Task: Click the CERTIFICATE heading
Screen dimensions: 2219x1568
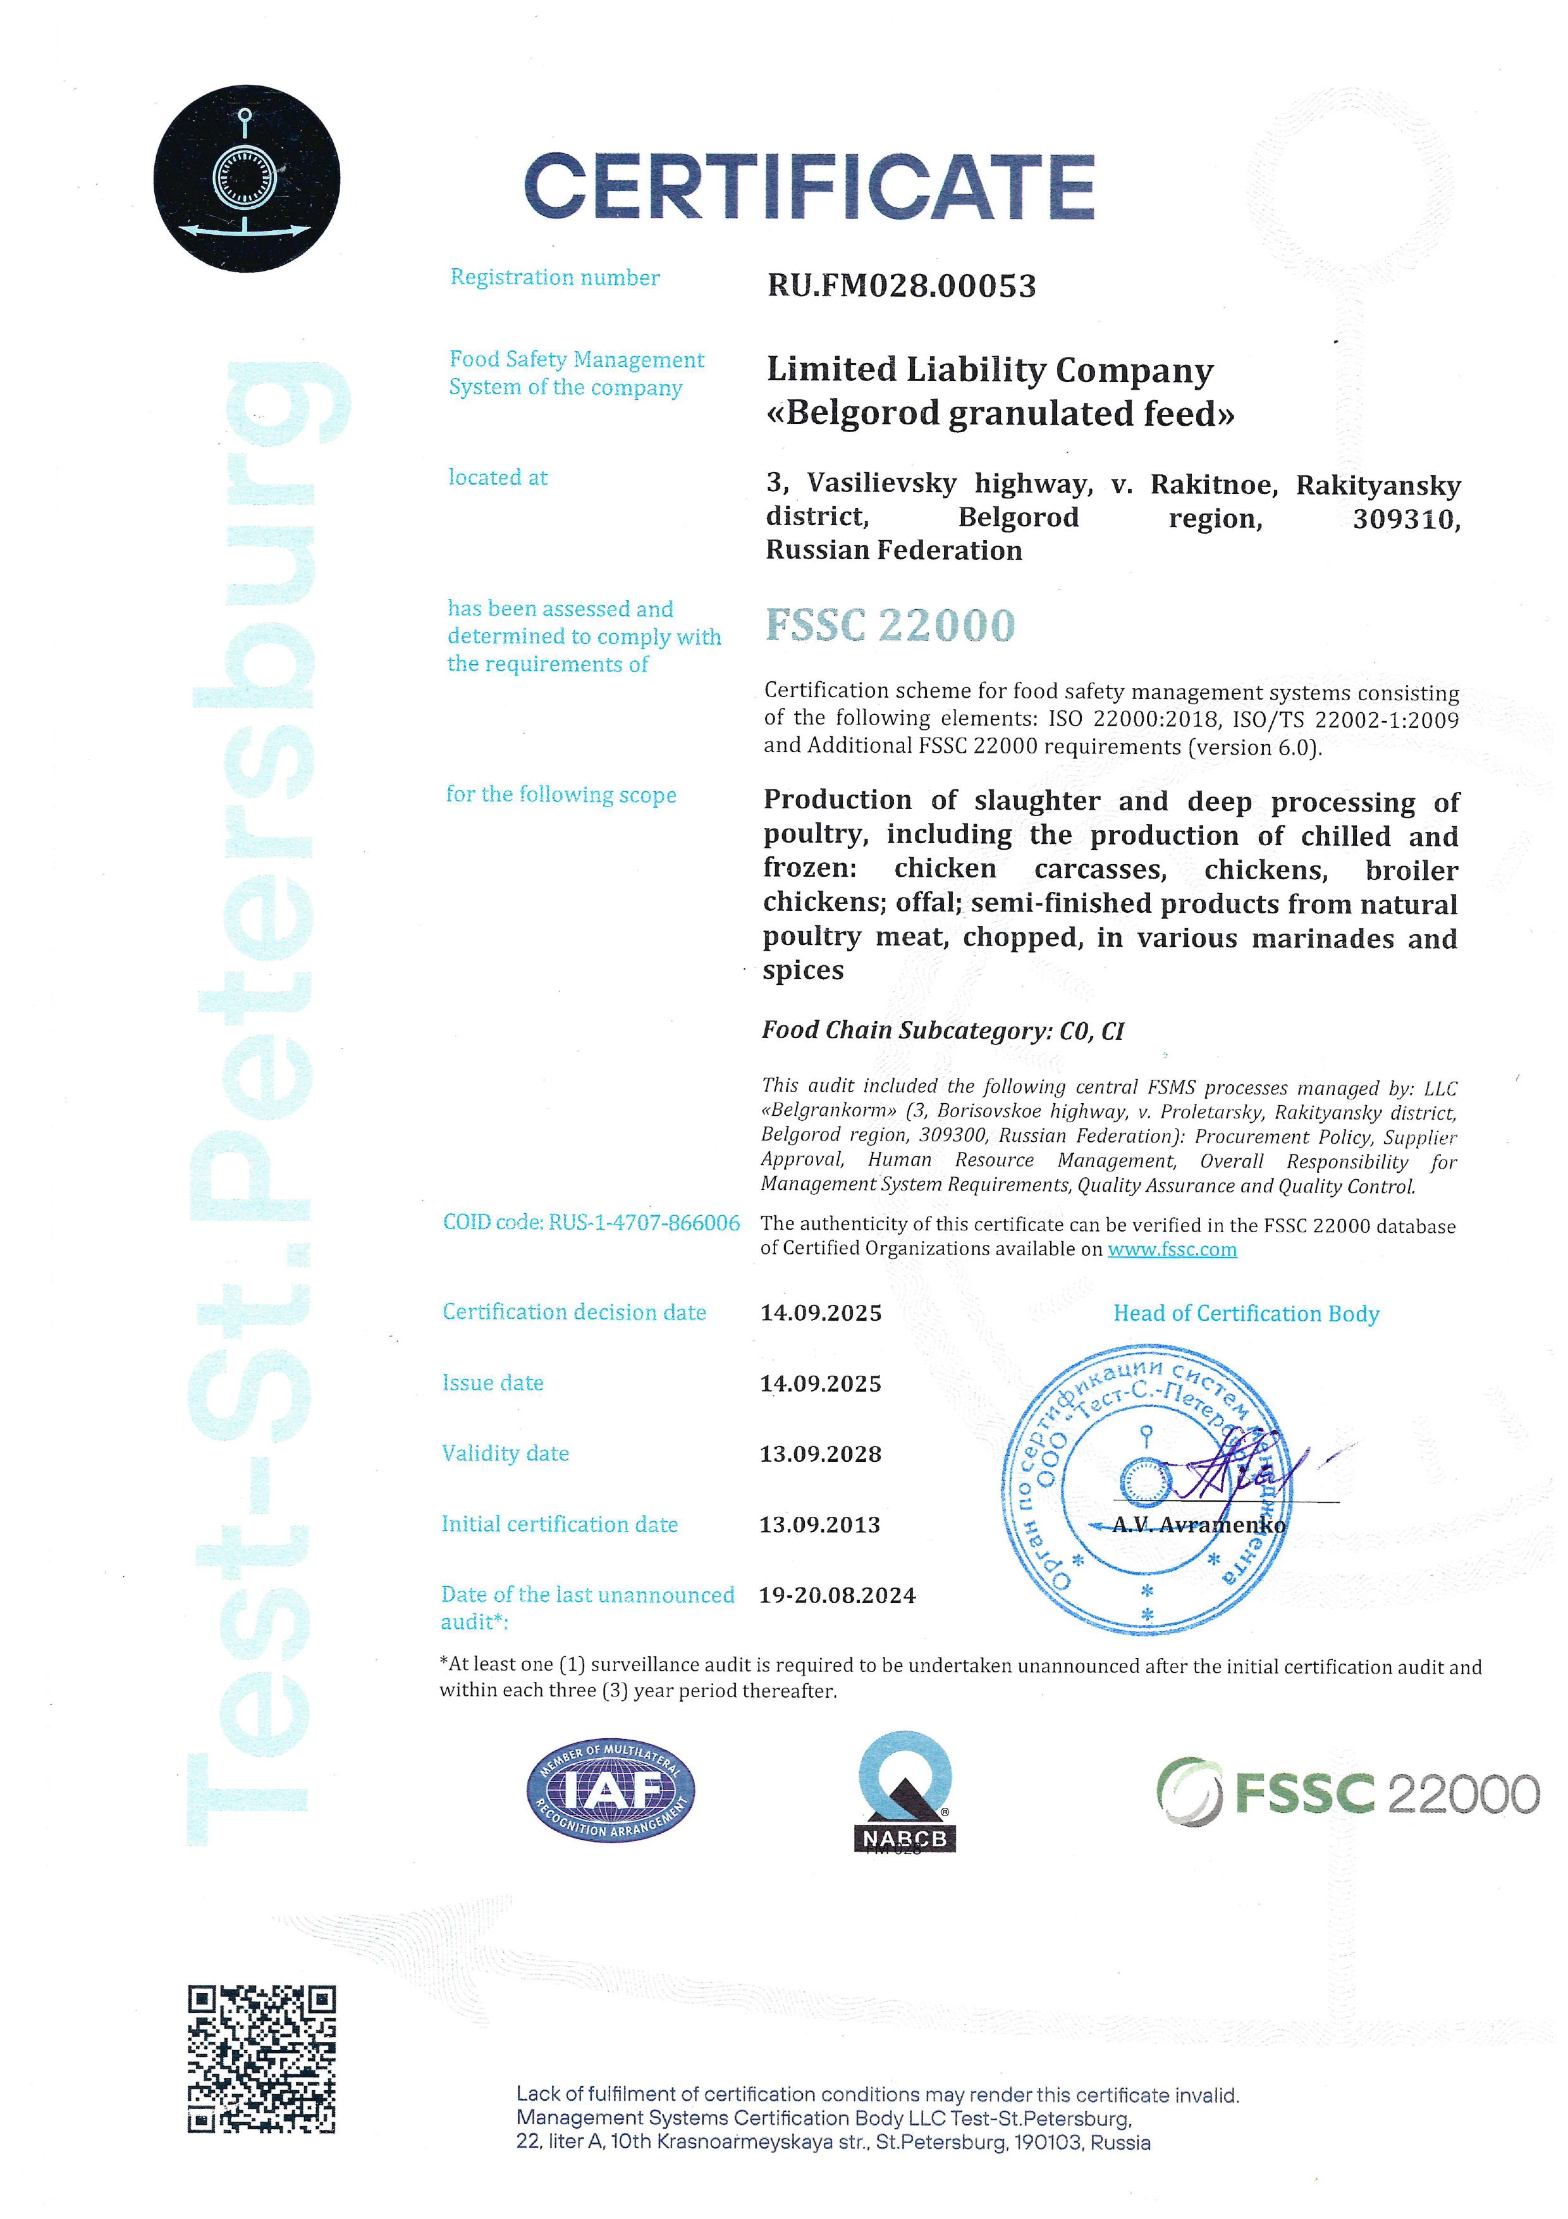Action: pos(809,187)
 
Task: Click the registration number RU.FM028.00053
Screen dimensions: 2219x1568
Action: pos(902,286)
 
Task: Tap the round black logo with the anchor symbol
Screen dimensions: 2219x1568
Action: pos(247,179)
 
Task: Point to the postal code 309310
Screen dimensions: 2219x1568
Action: pos(1406,520)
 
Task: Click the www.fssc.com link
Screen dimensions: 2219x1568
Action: pos(1172,1250)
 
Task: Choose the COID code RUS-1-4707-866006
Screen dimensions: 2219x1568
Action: pos(591,1223)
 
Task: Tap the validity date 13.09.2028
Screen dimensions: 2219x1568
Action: pos(820,1454)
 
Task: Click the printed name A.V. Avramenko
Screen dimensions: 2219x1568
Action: pos(1199,1525)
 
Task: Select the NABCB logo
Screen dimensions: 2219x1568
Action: pos(905,1793)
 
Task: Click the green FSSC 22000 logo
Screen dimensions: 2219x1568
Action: pos(1348,1794)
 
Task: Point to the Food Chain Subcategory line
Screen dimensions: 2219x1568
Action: pos(943,1030)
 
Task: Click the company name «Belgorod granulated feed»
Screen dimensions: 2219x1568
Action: pos(1000,414)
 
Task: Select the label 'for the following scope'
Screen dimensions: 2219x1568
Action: pos(561,794)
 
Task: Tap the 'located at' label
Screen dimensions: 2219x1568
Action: pos(498,478)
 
